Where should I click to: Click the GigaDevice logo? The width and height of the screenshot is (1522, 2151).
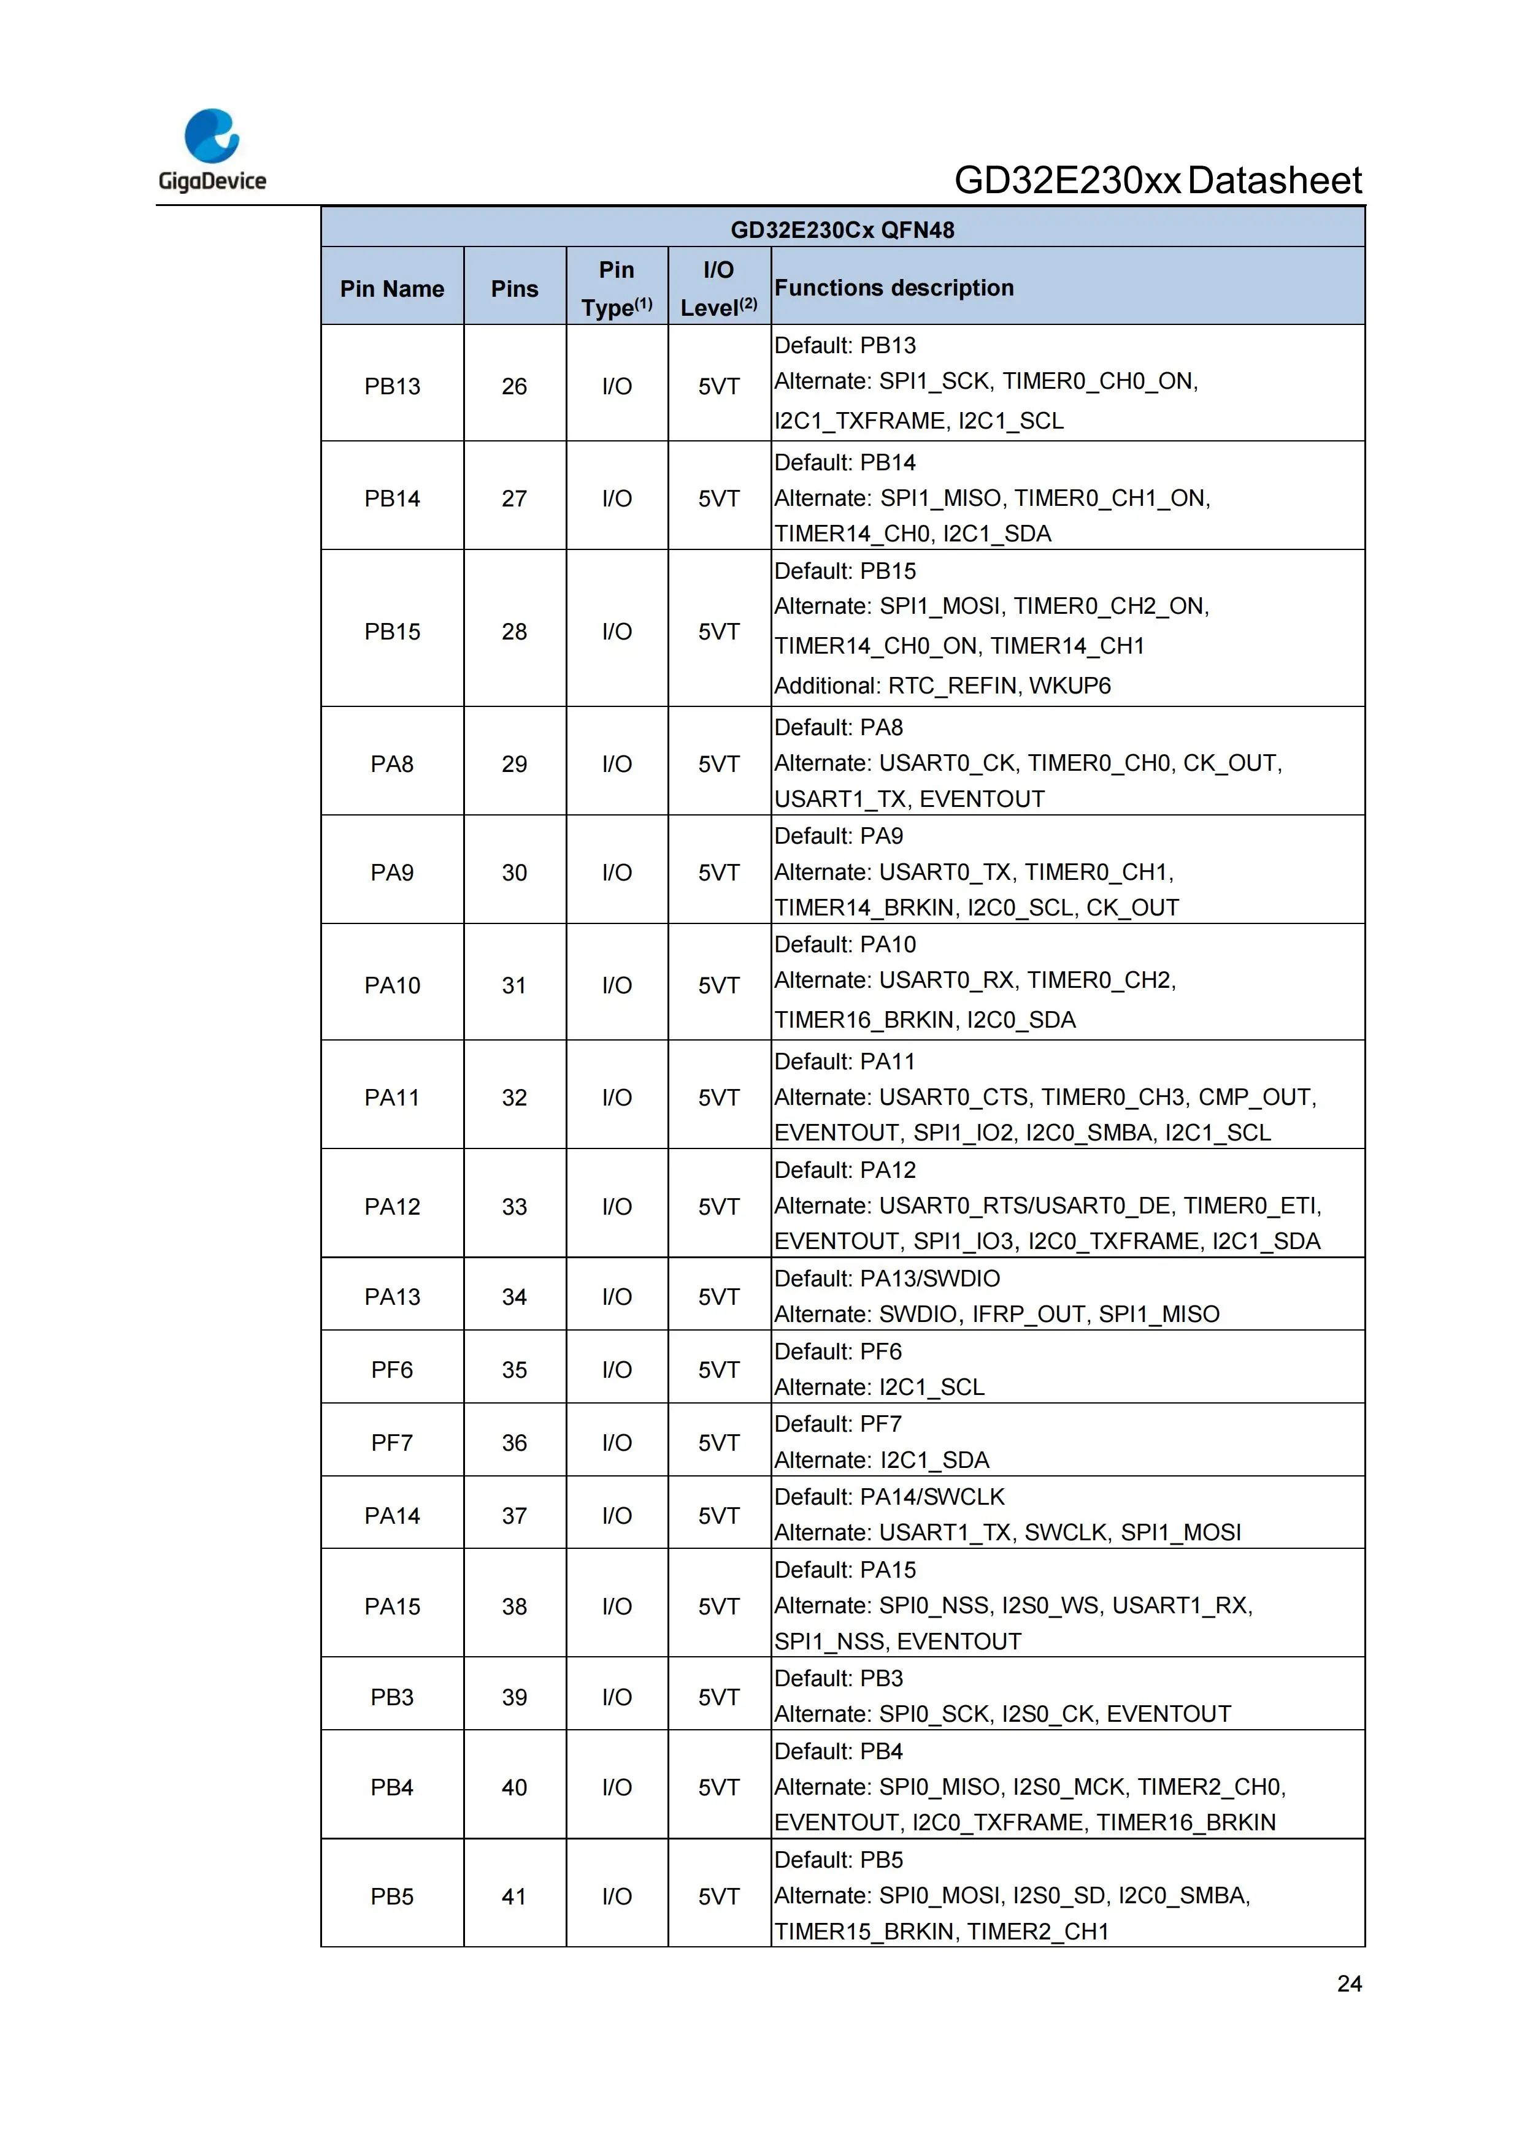(212, 150)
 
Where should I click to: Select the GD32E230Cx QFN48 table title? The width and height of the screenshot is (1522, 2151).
(842, 229)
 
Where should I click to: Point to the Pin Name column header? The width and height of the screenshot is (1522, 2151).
(392, 289)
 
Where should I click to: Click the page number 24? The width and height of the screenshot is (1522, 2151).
(1348, 1984)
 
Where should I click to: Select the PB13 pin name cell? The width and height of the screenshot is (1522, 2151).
(392, 386)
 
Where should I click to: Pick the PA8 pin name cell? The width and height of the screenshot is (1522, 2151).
(392, 763)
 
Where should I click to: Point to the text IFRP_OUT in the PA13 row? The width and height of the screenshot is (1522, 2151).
(1028, 1315)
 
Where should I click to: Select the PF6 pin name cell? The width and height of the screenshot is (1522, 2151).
(392, 1370)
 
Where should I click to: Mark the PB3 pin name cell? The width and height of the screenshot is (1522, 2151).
(392, 1697)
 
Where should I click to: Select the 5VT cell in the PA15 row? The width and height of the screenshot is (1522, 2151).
(719, 1606)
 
